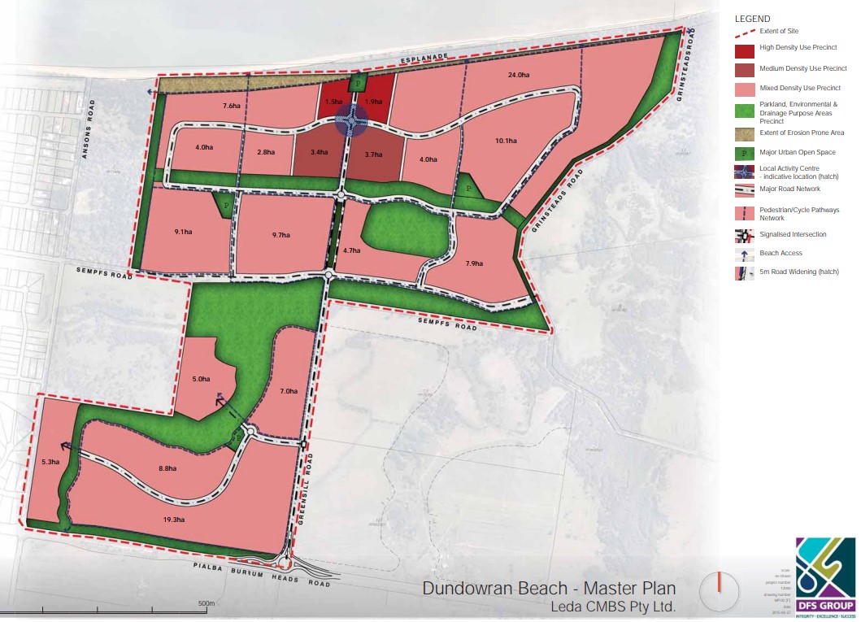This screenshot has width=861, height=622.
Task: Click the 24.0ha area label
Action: [519, 76]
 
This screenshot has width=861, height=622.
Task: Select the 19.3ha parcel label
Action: [173, 520]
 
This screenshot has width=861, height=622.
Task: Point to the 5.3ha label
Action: [50, 462]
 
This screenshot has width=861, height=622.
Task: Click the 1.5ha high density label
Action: [333, 102]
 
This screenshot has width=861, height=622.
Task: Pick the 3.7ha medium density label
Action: [373, 154]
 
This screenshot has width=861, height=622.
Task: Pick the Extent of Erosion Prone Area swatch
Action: [743, 133]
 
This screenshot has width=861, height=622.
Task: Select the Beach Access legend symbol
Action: [743, 254]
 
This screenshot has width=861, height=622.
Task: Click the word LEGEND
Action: [752, 19]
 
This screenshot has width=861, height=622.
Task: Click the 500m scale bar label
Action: [206, 603]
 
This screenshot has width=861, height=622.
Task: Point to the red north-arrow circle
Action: [720, 590]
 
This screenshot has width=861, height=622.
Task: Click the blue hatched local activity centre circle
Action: [351, 120]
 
